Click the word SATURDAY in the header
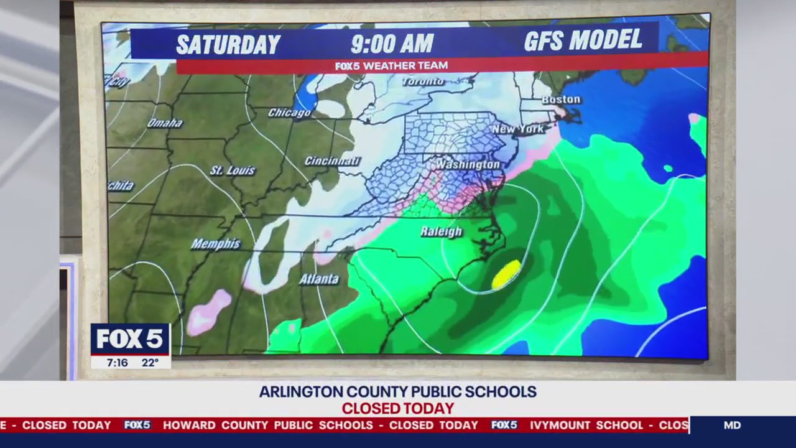(228, 44)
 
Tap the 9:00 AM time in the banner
(392, 44)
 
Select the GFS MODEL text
(583, 40)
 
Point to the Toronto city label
(423, 82)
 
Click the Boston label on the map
(561, 100)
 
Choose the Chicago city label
(289, 113)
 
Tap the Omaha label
(165, 123)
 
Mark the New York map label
(517, 129)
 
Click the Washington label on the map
(467, 164)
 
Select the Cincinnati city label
(332, 161)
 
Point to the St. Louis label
(232, 170)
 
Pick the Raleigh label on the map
(441, 231)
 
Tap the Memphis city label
(215, 244)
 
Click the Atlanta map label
(319, 279)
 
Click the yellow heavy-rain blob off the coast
(506, 274)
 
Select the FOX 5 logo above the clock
(130, 339)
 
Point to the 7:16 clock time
(117, 362)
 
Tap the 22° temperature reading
(150, 362)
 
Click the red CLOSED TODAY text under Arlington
(397, 409)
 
